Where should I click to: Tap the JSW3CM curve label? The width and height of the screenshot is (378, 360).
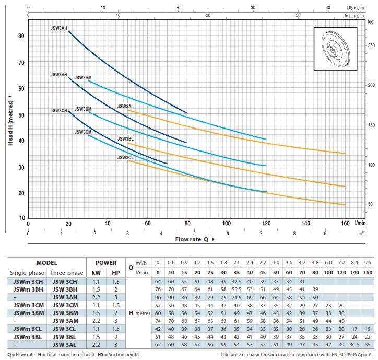pos(83,132)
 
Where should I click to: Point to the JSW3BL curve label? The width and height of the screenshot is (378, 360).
pos(126,138)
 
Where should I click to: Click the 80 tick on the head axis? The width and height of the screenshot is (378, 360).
pos(21,36)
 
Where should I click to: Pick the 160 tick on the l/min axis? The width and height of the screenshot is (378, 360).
pos(345,223)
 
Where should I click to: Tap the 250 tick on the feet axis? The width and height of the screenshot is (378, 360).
pos(371,45)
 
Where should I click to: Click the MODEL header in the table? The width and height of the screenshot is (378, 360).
pos(51,263)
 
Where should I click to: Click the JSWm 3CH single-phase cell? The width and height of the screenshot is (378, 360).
pos(26,282)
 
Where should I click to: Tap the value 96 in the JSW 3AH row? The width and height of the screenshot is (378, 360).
pos(143,298)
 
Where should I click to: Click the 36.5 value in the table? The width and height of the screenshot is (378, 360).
pos(356,344)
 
